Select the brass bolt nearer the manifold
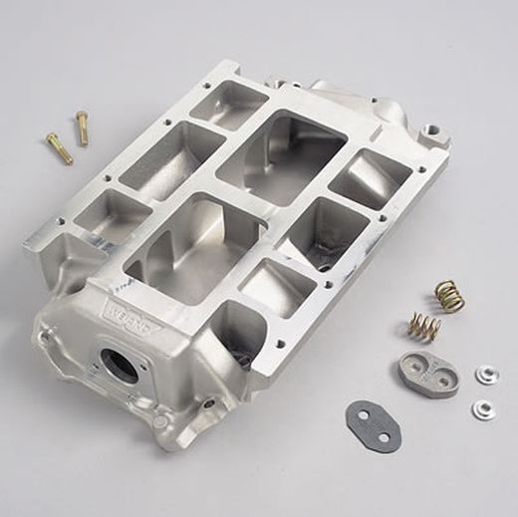(81, 128)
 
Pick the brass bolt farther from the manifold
(60, 148)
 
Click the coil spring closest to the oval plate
(425, 326)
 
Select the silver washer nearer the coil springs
(486, 375)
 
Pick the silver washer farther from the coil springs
(483, 407)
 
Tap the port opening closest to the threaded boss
(370, 178)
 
